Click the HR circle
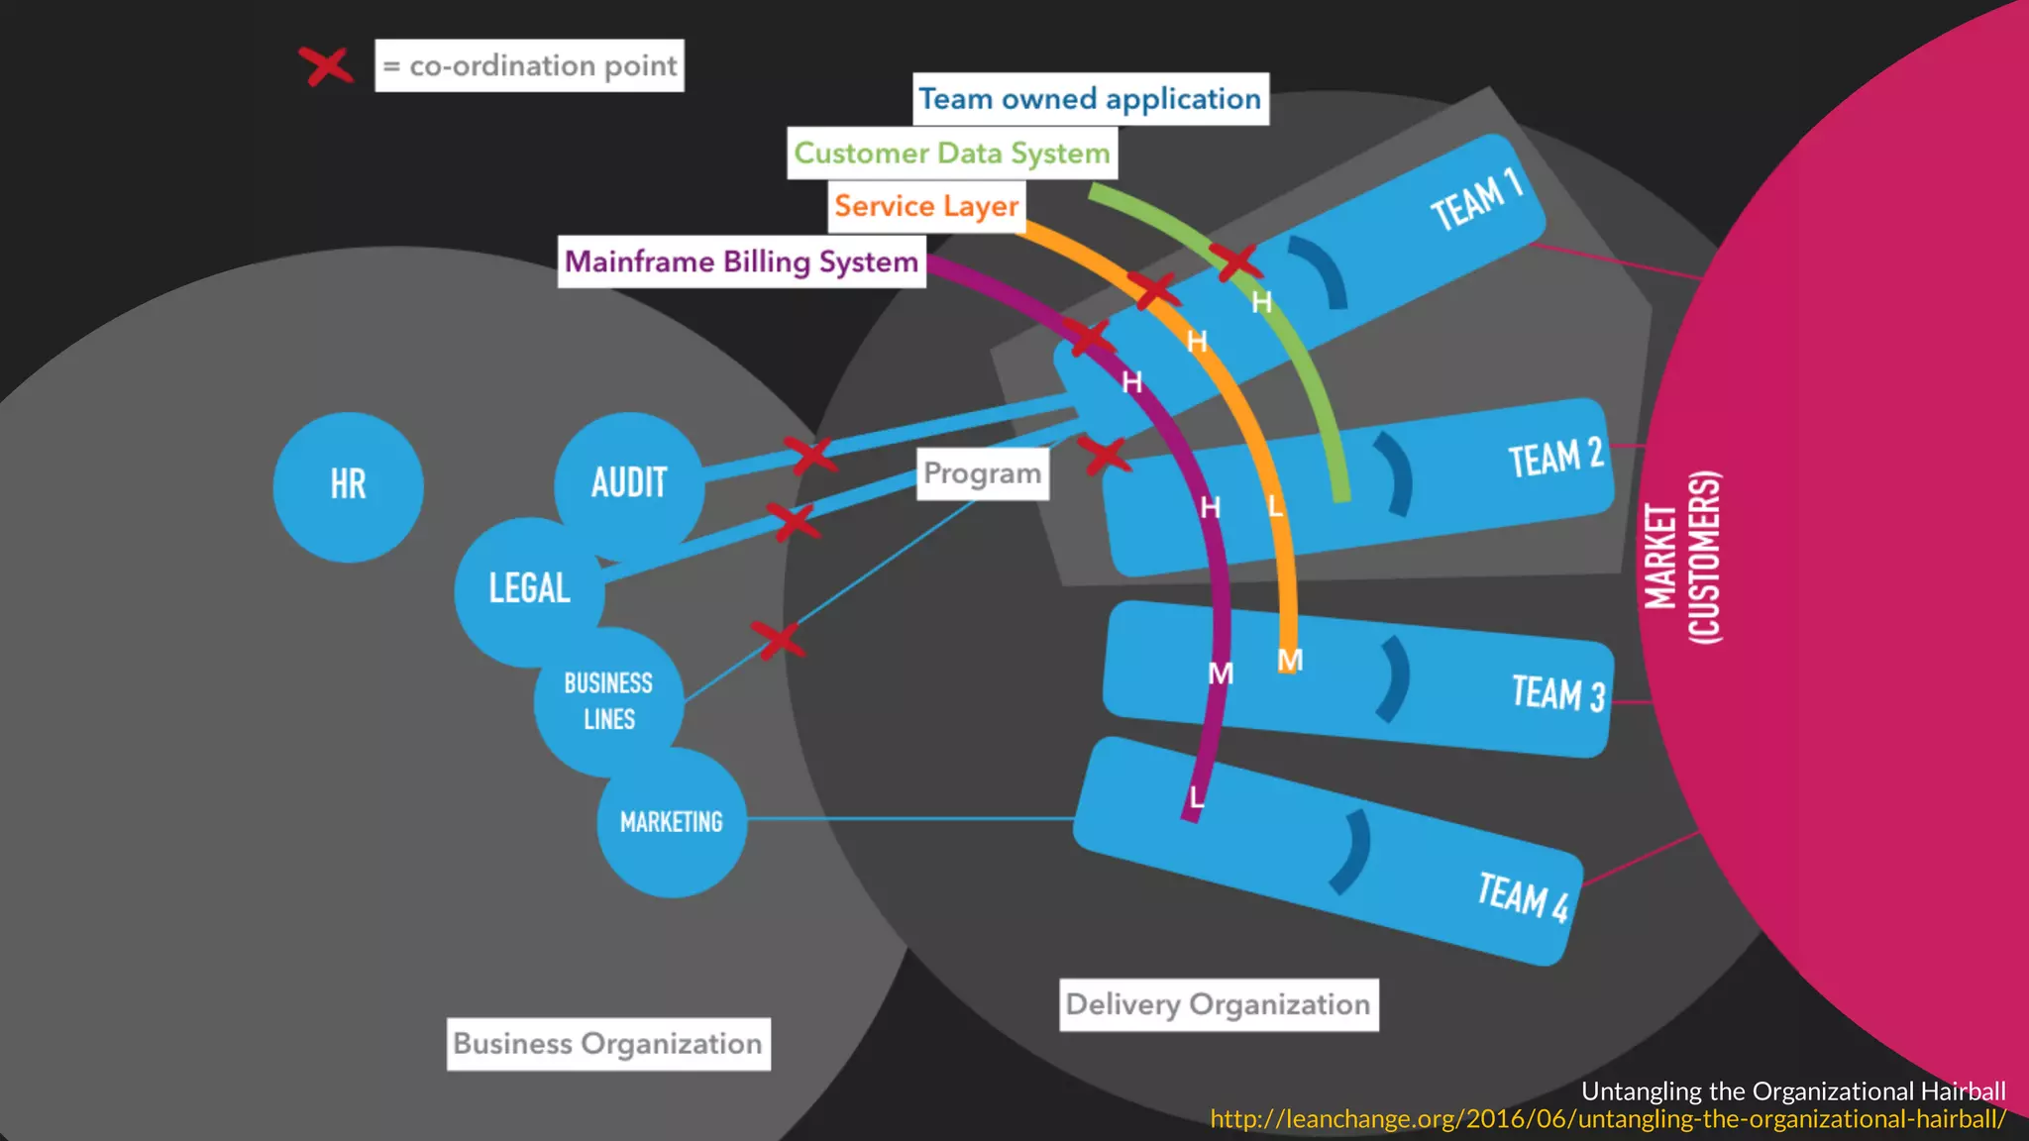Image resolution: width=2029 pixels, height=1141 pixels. pos(348,486)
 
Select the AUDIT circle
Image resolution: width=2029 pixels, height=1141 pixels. pos(629,484)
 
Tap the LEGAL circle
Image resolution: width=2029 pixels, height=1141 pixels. pos(529,589)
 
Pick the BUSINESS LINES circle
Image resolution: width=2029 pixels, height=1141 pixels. pos(608,701)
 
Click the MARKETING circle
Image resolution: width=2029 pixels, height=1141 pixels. pos(672,822)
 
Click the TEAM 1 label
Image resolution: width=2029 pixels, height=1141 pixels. pos(1474,199)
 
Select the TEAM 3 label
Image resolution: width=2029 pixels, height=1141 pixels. pos(1557,692)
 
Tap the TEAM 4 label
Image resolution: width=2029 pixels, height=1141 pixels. pos(1523,896)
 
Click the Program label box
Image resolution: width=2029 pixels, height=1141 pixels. pos(982,473)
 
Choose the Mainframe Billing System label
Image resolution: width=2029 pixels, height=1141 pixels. pos(741,261)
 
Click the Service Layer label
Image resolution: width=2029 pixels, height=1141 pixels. pos(926,206)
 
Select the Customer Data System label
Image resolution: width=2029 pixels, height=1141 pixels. pos(952,154)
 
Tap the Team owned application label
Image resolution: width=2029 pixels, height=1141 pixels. pos(1090,99)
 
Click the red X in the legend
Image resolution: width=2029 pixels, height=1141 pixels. pos(327,66)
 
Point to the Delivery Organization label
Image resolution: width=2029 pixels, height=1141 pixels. pos(1219,1004)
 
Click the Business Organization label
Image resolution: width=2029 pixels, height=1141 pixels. pos(608,1044)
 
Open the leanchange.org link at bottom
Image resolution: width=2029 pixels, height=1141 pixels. pos(1607,1119)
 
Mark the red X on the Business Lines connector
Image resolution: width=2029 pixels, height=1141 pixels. pos(779,639)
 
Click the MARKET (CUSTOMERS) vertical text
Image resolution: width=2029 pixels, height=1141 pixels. pos(1682,557)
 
